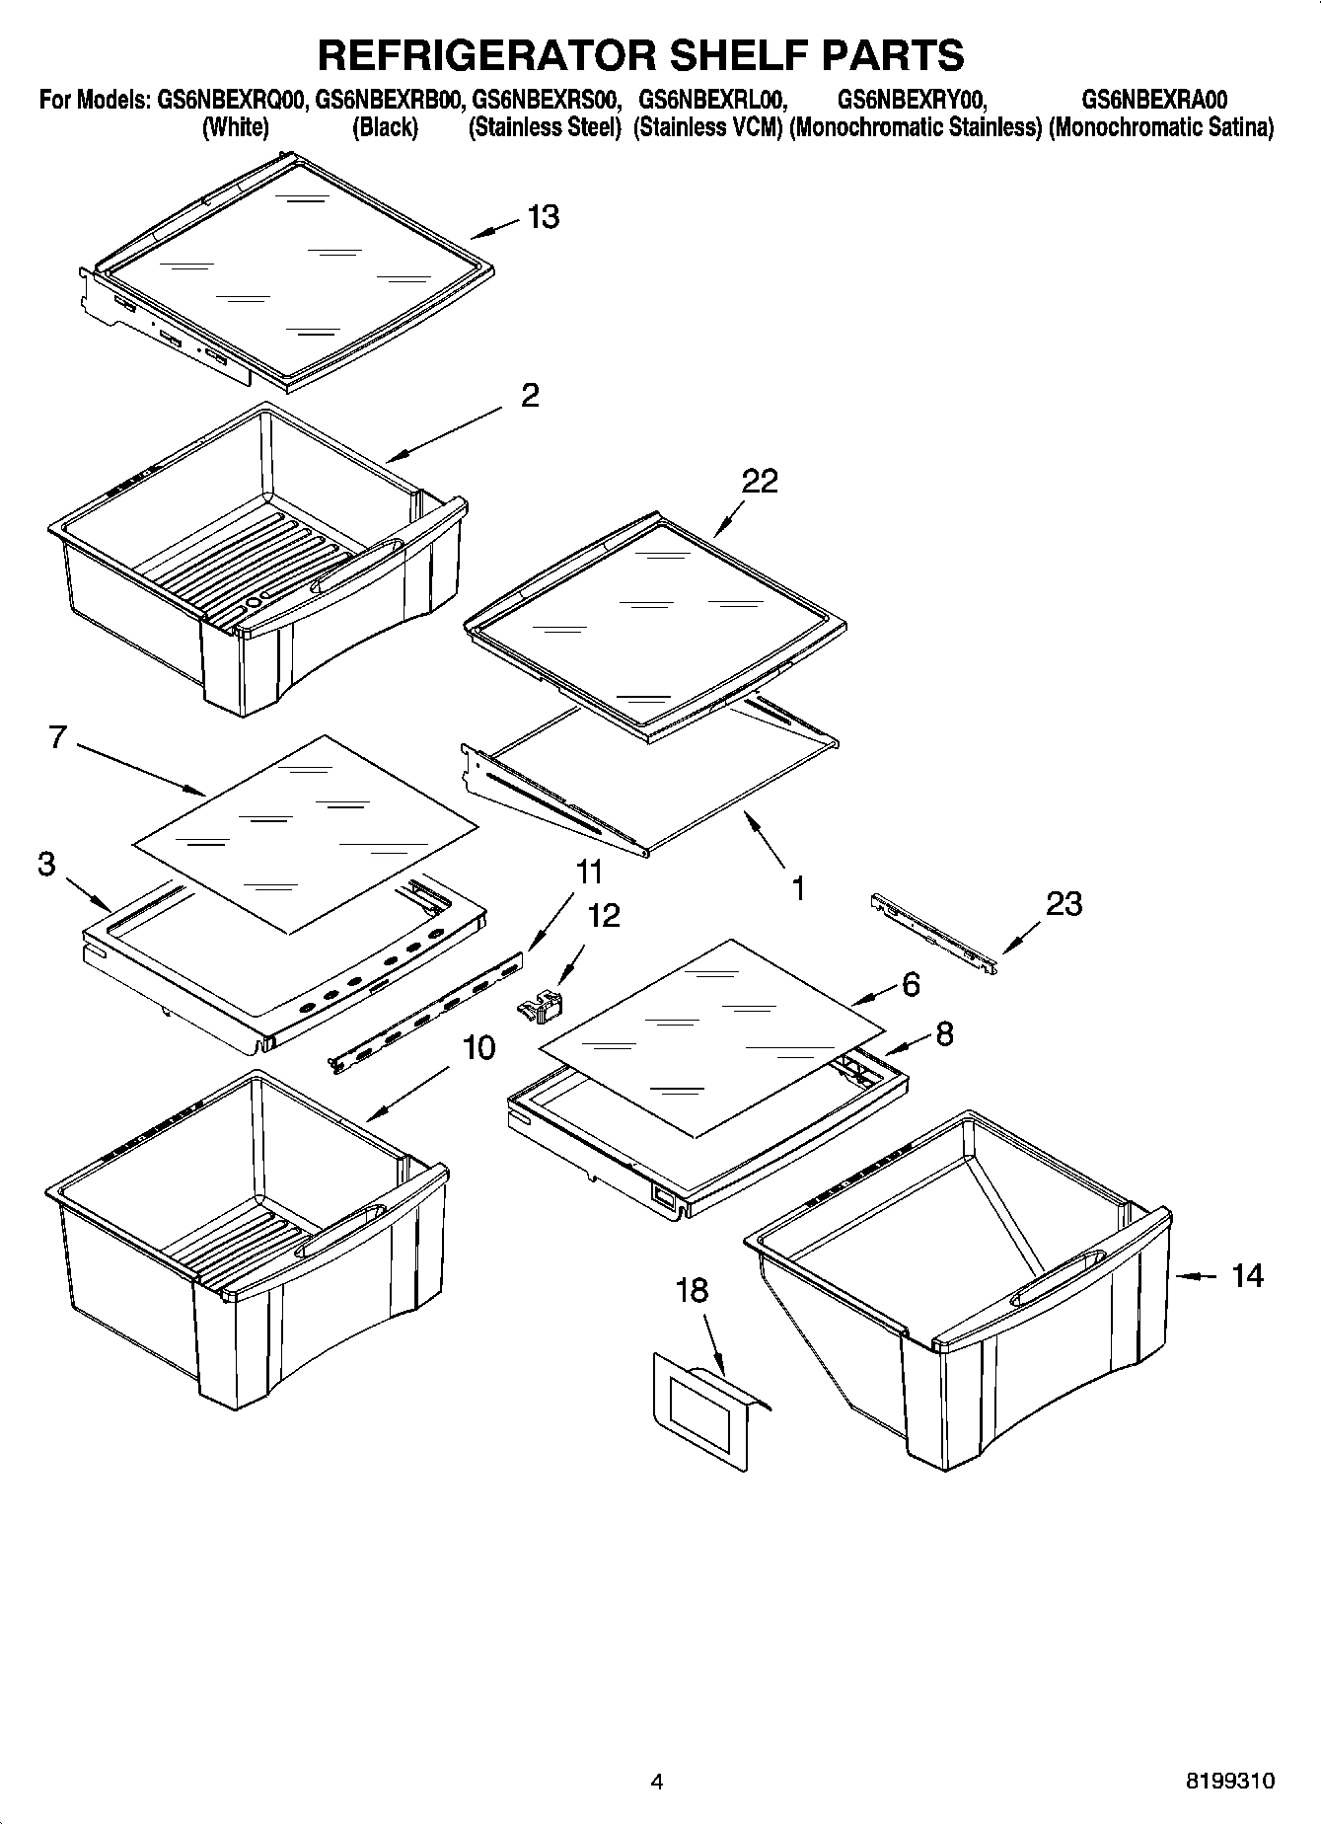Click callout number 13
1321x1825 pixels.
544,216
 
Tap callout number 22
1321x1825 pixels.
760,481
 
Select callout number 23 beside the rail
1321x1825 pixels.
1064,903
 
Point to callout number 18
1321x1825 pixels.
692,1289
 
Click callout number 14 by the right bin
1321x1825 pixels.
1247,1276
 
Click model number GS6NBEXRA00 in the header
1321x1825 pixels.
1154,100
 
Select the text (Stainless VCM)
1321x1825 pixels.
708,127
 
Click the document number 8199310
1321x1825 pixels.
1229,1782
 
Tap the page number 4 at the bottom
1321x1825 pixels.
657,1782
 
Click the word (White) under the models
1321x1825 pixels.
235,127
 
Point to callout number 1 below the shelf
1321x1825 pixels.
798,888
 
